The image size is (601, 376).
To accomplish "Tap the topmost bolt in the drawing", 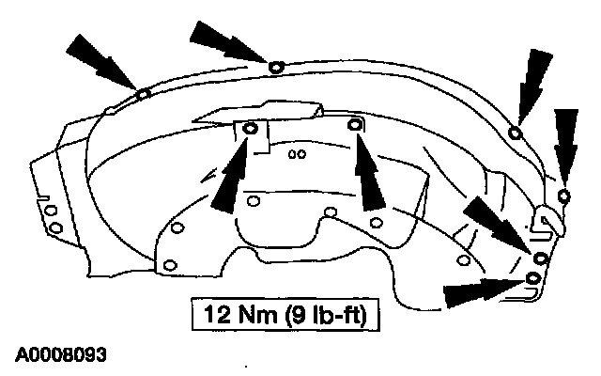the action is point(274,66).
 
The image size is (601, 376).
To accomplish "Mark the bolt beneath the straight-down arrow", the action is point(563,196).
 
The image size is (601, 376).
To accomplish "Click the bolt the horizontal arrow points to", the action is point(533,279).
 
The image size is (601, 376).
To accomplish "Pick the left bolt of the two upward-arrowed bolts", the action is point(250,129).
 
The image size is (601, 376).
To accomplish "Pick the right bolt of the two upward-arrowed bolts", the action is point(354,125).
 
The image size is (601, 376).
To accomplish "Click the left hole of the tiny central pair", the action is point(294,153).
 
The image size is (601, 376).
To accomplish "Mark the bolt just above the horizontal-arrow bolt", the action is point(541,258).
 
